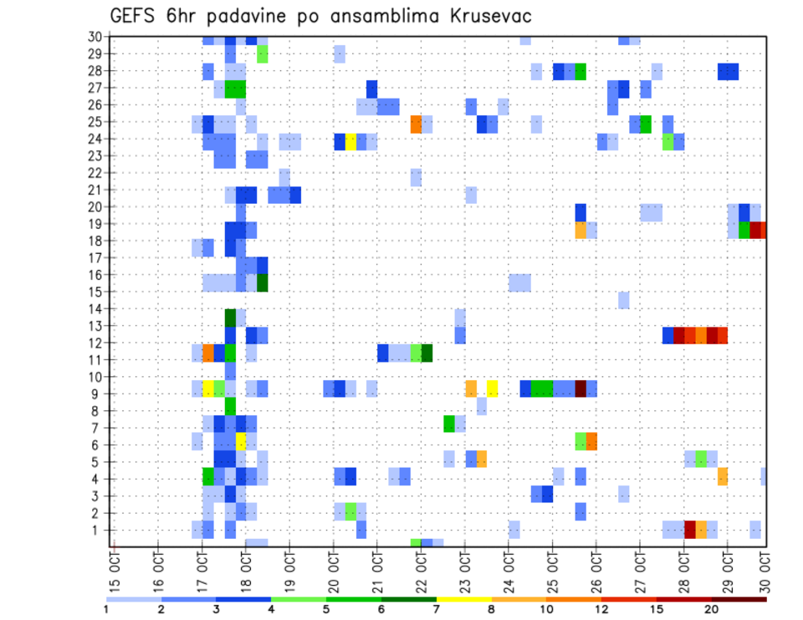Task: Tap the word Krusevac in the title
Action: coord(487,16)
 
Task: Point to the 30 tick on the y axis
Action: coord(95,36)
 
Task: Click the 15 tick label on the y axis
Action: coord(95,292)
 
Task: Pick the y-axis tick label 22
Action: coord(95,172)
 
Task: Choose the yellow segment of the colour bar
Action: coord(464,599)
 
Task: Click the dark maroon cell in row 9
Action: coord(581,389)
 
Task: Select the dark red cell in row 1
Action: coord(690,529)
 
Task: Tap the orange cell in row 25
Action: coord(416,124)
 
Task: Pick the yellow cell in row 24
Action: coord(350,141)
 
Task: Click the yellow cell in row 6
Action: coord(241,440)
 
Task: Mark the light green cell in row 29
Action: coord(263,53)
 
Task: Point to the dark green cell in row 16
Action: coord(263,282)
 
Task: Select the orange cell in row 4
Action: coord(723,476)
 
